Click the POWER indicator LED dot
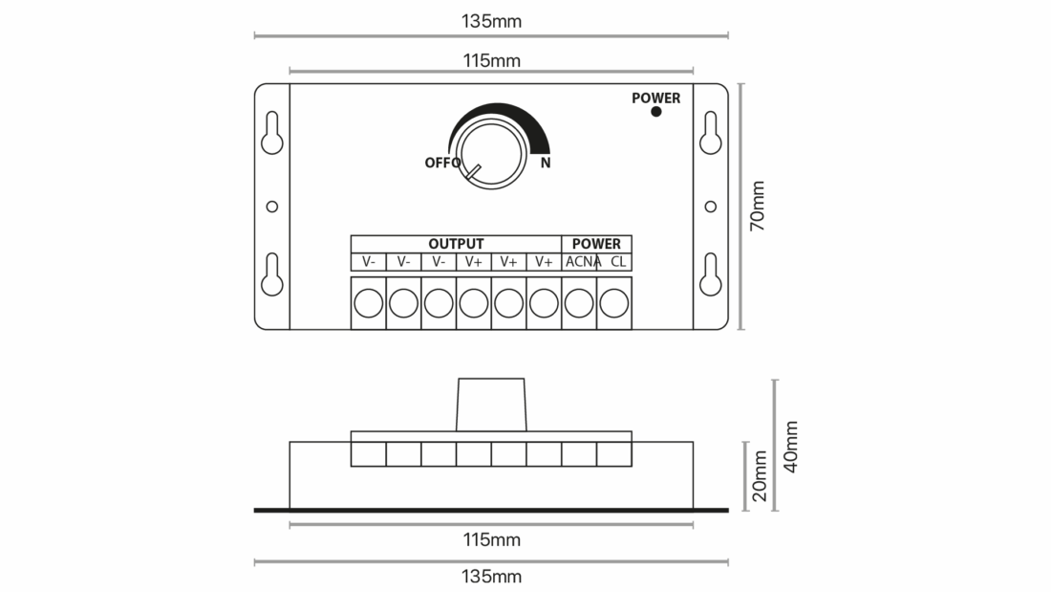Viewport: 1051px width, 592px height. click(656, 112)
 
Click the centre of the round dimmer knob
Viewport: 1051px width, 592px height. click(491, 154)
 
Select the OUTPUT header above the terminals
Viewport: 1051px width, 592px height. click(456, 244)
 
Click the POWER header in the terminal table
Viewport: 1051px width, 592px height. click(596, 244)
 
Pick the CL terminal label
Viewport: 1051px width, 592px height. click(618, 262)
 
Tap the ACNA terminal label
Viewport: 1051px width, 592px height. click(583, 262)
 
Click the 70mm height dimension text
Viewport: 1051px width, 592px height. click(757, 206)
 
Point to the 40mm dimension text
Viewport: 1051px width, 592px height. click(791, 447)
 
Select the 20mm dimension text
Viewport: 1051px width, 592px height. click(759, 476)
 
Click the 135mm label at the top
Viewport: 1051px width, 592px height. click(491, 21)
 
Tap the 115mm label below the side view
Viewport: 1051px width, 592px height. click(491, 539)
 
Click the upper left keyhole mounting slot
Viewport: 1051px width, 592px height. click(272, 133)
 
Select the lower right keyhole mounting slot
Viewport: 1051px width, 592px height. click(711, 274)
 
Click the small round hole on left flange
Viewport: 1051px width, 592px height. click(272, 207)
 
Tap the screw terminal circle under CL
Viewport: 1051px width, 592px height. click(614, 303)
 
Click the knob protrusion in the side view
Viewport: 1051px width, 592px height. click(491, 405)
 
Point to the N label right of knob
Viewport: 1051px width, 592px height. click(546, 163)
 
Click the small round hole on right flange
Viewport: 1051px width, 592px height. click(711, 207)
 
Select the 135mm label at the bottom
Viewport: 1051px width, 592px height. click(491, 577)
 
